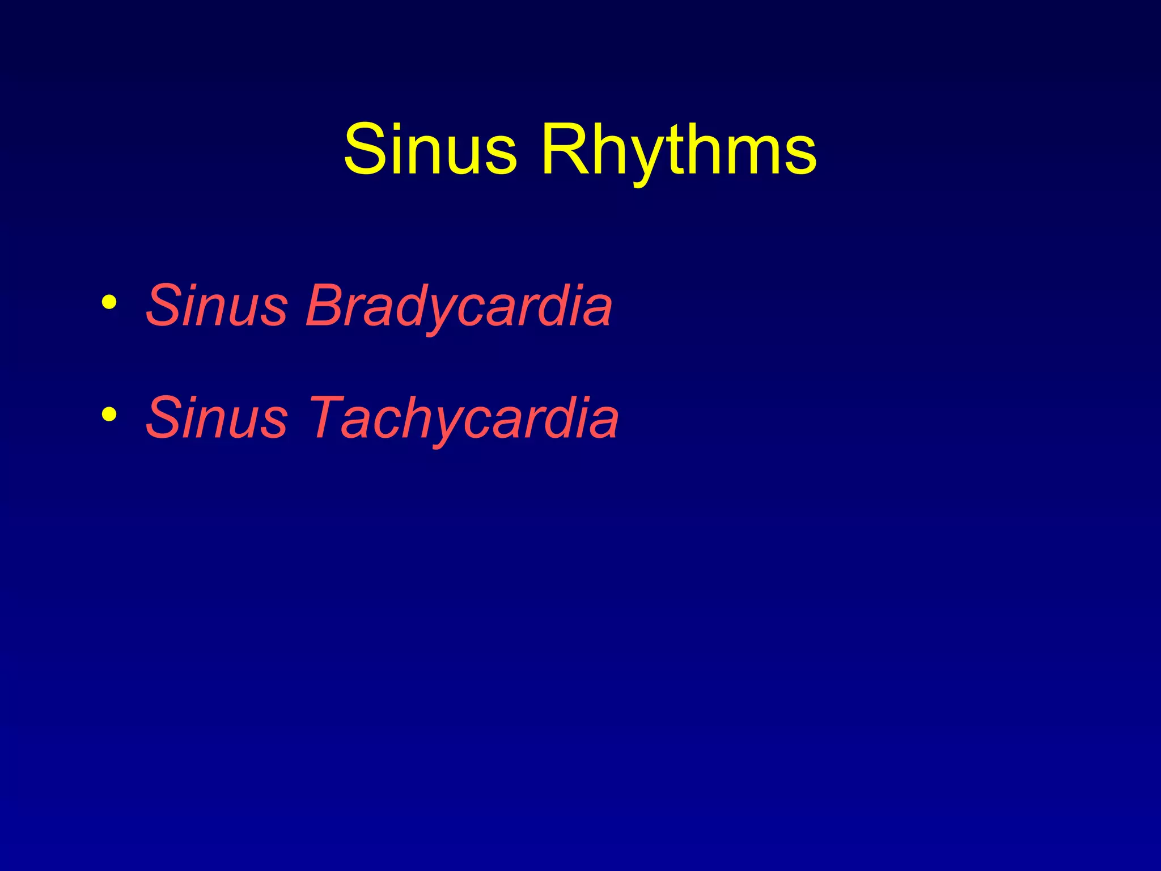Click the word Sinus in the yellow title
point(430,150)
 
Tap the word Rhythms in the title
point(679,150)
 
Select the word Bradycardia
point(459,306)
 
